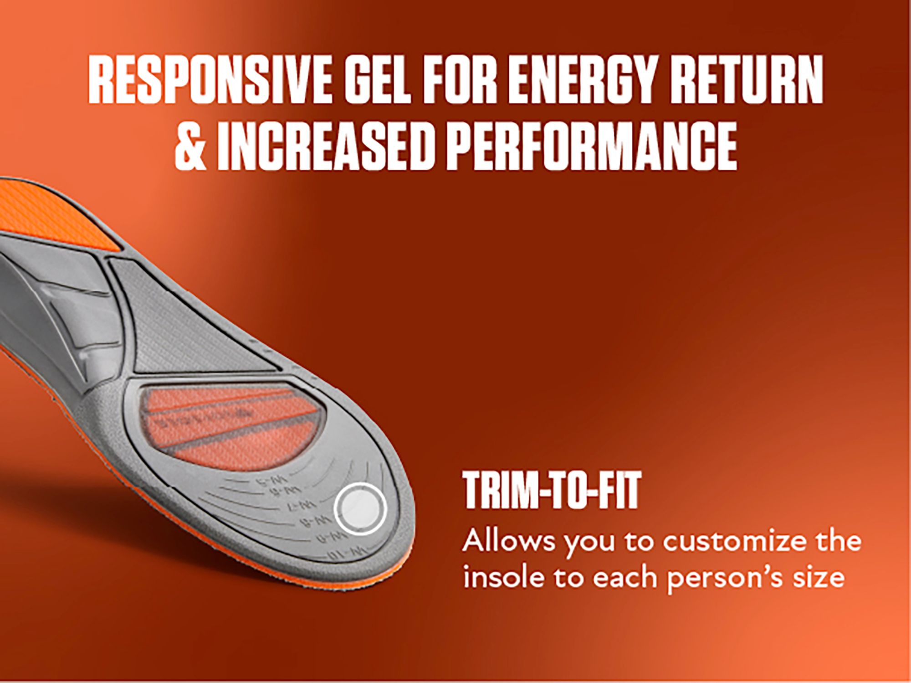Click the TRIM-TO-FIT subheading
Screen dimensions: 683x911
[x=552, y=491]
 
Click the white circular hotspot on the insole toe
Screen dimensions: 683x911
[x=360, y=508]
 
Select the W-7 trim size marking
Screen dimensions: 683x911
[x=308, y=506]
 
